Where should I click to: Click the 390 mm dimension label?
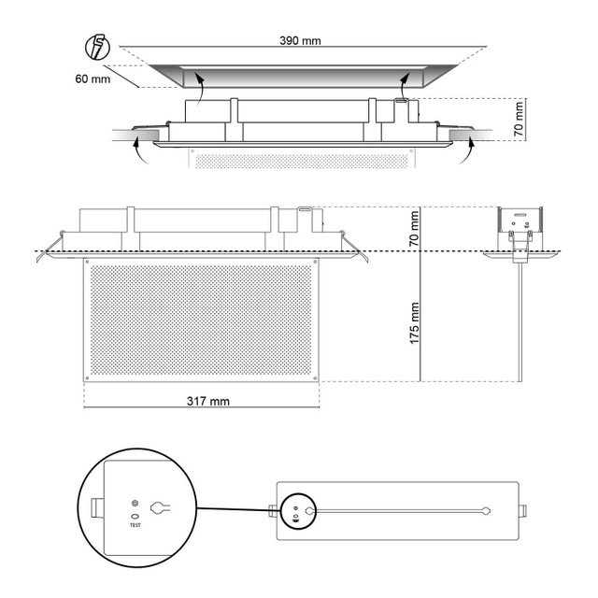[x=300, y=40]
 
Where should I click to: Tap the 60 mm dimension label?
[x=93, y=78]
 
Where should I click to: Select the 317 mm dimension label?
[x=208, y=401]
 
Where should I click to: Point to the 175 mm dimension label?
[x=414, y=323]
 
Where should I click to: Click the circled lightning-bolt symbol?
[x=97, y=48]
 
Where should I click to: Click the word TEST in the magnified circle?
[x=135, y=525]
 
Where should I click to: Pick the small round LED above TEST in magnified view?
[x=135, y=504]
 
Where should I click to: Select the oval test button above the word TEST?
[x=135, y=517]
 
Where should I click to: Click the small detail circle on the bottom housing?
[x=296, y=511]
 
